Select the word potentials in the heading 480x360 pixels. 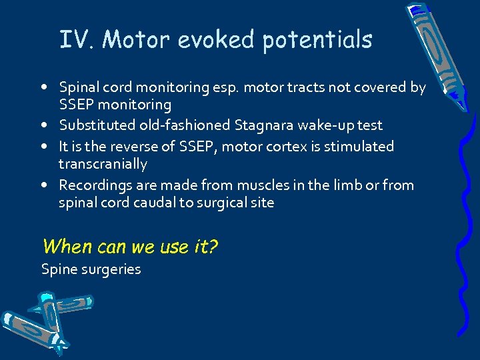click(x=317, y=41)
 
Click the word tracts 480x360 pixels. click(x=300, y=87)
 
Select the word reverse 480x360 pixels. click(x=131, y=146)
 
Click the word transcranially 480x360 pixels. click(x=103, y=164)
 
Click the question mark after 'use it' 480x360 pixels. click(x=213, y=247)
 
